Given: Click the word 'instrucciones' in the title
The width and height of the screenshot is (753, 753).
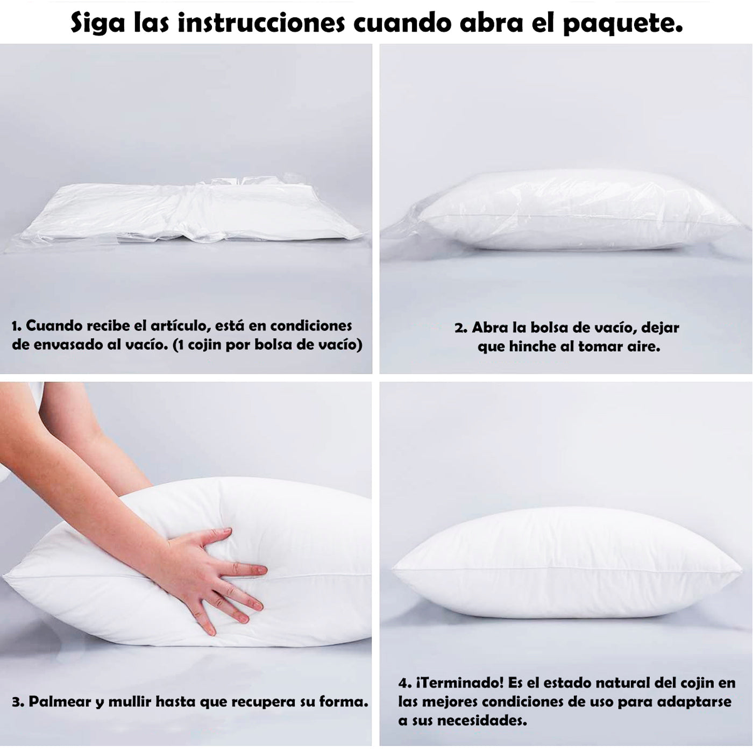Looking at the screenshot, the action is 261,24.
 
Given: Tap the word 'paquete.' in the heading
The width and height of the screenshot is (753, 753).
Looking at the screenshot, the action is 623,24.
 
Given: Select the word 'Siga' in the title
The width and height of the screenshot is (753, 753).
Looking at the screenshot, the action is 98,24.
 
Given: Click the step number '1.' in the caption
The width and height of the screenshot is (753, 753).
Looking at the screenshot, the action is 17,326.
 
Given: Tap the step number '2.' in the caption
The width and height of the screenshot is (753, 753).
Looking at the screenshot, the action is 461,328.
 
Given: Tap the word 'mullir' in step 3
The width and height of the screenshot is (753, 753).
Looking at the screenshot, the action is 130,702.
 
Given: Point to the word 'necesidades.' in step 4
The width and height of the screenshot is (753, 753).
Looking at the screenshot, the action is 482,720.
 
